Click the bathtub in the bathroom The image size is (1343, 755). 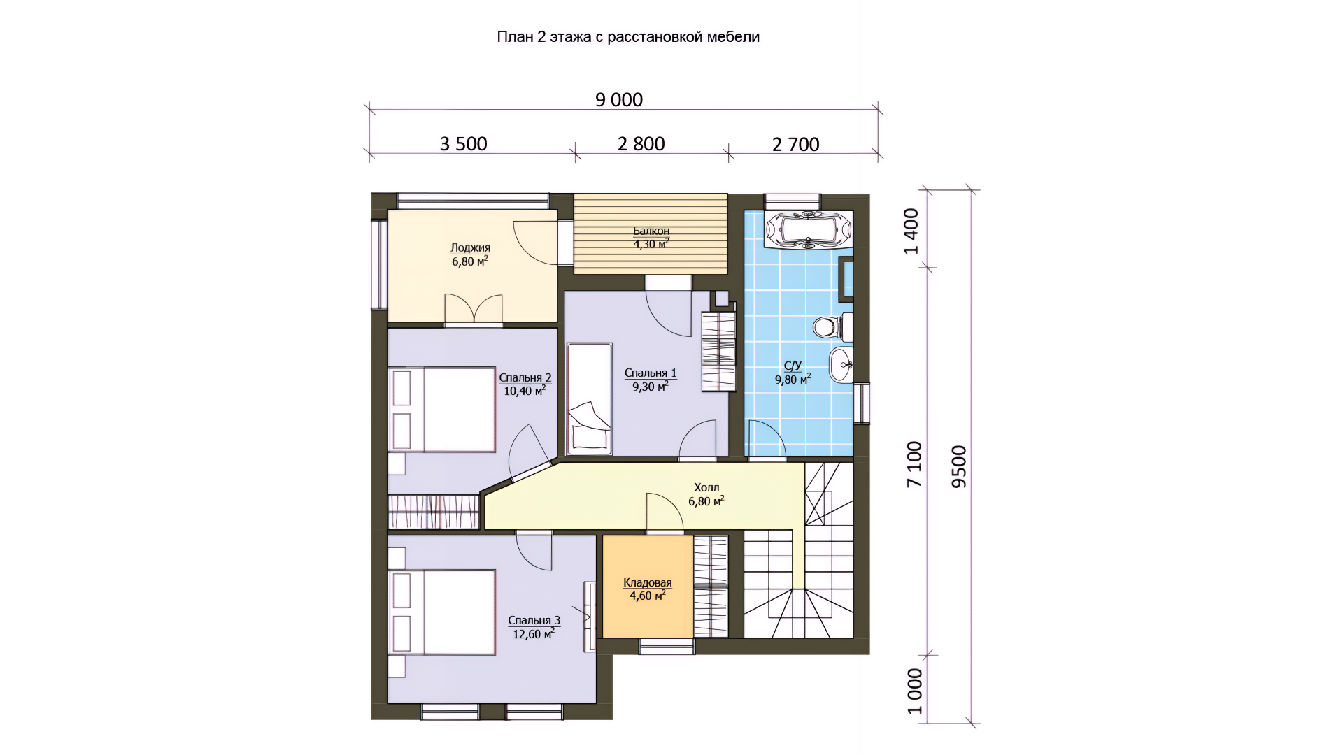click(809, 229)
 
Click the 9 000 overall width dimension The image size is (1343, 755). click(619, 100)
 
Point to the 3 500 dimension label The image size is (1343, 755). click(463, 144)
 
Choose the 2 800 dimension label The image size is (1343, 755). click(641, 144)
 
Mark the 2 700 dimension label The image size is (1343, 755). click(795, 145)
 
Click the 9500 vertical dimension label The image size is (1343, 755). click(959, 466)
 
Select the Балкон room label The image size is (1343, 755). click(651, 231)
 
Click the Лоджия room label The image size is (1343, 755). click(470, 247)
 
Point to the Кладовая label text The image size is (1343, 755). click(648, 582)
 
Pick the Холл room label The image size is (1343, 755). click(706, 487)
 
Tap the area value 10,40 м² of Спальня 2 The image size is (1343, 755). click(525, 390)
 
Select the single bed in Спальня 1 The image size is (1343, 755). click(589, 398)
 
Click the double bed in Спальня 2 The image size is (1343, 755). click(442, 410)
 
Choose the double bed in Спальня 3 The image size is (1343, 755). click(442, 612)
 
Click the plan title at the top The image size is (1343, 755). click(628, 37)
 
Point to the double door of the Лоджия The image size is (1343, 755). click(474, 310)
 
